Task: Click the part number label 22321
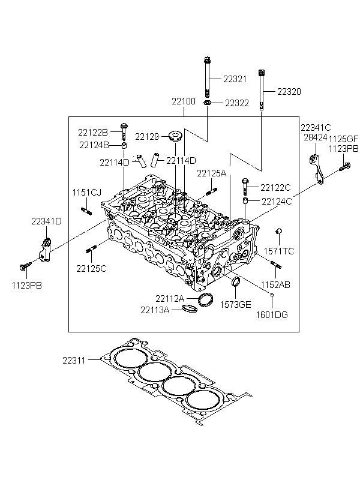(x=235, y=79)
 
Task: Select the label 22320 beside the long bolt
(x=289, y=92)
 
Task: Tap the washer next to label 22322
(x=207, y=103)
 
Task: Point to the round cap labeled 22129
(x=175, y=136)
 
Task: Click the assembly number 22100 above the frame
(x=183, y=101)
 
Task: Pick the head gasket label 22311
(x=74, y=361)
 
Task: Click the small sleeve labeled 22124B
(x=124, y=146)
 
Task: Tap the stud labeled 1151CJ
(x=86, y=211)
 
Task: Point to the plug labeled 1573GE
(x=235, y=281)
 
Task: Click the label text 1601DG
(x=272, y=315)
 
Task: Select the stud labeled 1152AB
(x=276, y=265)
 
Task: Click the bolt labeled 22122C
(x=245, y=187)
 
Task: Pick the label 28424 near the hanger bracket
(x=315, y=137)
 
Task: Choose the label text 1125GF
(x=343, y=139)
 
